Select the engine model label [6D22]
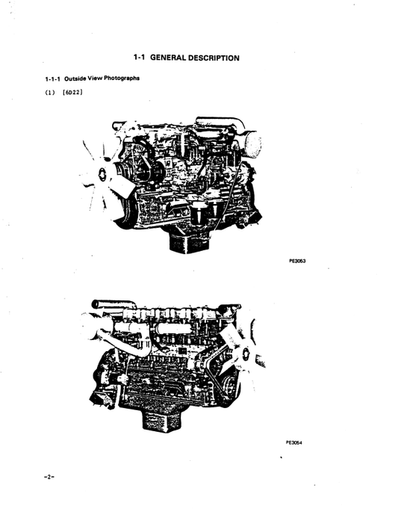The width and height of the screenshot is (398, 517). (72, 93)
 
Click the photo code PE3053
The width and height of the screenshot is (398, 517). (298, 262)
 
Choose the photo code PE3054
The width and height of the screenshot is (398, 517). (294, 442)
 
